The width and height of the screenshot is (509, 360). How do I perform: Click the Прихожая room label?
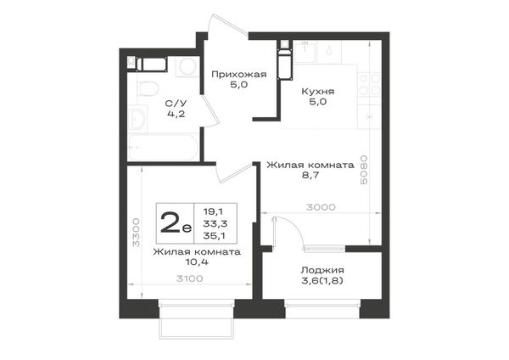239,75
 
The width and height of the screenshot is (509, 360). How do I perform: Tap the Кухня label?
318,92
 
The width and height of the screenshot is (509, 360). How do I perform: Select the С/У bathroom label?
176,104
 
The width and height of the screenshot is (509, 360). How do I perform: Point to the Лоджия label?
322,270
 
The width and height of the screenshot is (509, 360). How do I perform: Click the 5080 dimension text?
364,170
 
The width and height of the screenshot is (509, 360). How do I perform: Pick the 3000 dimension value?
321,207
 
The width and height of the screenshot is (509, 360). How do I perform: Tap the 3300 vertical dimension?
136,233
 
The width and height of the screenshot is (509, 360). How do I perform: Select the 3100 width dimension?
189,278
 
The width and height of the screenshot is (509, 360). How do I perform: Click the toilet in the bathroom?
148,88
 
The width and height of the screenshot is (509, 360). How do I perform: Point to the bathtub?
163,147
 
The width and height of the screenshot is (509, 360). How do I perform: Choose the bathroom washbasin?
137,119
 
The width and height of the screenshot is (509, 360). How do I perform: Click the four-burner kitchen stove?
369,84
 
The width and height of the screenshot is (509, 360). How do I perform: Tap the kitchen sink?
305,51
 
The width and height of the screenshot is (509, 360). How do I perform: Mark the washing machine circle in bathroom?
187,66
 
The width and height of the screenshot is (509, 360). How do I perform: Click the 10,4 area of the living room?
197,262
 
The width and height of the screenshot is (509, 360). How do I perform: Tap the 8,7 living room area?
310,175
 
